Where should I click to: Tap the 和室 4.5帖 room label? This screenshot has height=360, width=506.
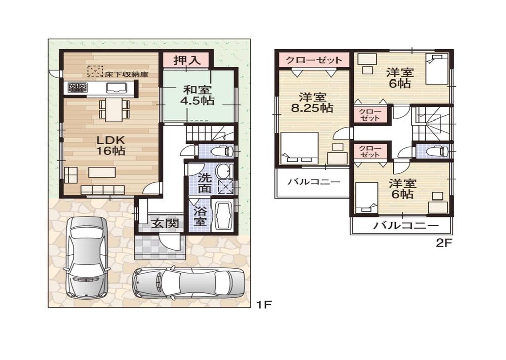pyautogui.click(x=198, y=95)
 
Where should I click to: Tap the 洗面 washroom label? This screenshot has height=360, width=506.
pyautogui.click(x=204, y=183)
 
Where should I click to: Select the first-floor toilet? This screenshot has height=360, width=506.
pyautogui.click(x=223, y=150)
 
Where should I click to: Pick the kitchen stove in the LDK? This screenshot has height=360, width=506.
pyautogui.click(x=77, y=88)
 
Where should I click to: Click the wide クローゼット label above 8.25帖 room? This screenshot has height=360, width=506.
pyautogui.click(x=313, y=60)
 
